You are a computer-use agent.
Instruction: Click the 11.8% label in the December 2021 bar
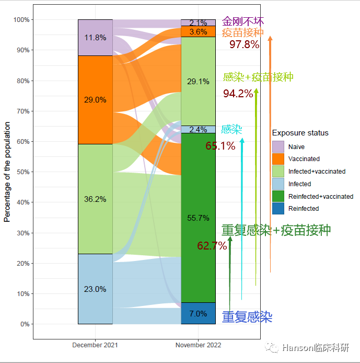(x=95, y=38)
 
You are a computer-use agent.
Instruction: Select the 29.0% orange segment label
(x=95, y=100)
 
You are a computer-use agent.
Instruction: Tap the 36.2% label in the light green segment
(x=95, y=199)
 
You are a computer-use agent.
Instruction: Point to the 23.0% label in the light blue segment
(x=95, y=289)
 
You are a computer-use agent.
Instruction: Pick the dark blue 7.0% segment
(x=198, y=314)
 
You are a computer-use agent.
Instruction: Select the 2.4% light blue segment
(x=198, y=130)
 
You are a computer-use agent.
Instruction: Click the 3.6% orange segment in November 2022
(x=198, y=32)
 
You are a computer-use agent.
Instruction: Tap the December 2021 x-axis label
(x=95, y=345)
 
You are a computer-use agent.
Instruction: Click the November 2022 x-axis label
(x=198, y=345)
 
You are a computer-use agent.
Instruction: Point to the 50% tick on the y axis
(x=21, y=172)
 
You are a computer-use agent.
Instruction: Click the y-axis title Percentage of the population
(x=7, y=172)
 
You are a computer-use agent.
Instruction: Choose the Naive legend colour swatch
(x=278, y=147)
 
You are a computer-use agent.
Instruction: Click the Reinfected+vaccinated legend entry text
(x=320, y=197)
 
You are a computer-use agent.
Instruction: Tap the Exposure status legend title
(x=300, y=133)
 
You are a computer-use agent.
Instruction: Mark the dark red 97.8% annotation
(x=244, y=44)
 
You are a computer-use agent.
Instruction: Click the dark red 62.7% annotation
(x=212, y=246)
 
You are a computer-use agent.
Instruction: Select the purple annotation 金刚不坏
(x=243, y=21)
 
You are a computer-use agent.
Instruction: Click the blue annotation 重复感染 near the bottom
(x=247, y=317)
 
